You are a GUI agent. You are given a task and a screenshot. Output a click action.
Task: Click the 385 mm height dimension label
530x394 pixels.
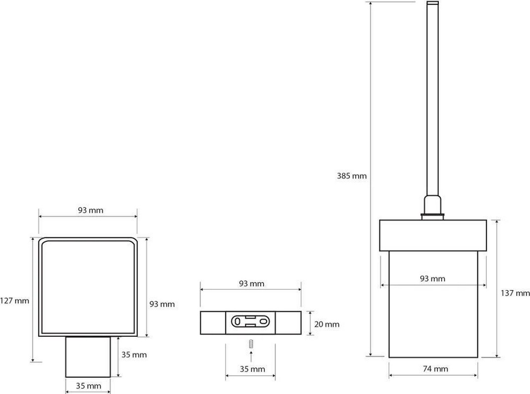(352, 176)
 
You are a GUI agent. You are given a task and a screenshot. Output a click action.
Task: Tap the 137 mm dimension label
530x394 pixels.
(515, 293)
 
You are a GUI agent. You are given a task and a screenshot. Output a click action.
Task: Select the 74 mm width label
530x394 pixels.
(435, 369)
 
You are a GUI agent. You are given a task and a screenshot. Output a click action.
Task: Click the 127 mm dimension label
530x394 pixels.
(15, 300)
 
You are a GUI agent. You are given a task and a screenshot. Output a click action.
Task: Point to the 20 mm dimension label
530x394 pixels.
(327, 324)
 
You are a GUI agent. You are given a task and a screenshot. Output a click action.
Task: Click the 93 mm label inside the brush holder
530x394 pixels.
(432, 278)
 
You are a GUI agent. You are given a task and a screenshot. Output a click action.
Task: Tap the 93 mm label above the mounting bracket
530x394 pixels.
(252, 284)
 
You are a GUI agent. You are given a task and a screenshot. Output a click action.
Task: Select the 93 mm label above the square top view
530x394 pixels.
(91, 210)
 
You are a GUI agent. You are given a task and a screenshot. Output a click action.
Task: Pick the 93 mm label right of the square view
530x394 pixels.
(162, 304)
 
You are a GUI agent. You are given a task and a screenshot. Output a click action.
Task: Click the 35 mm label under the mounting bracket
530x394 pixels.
(252, 369)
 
